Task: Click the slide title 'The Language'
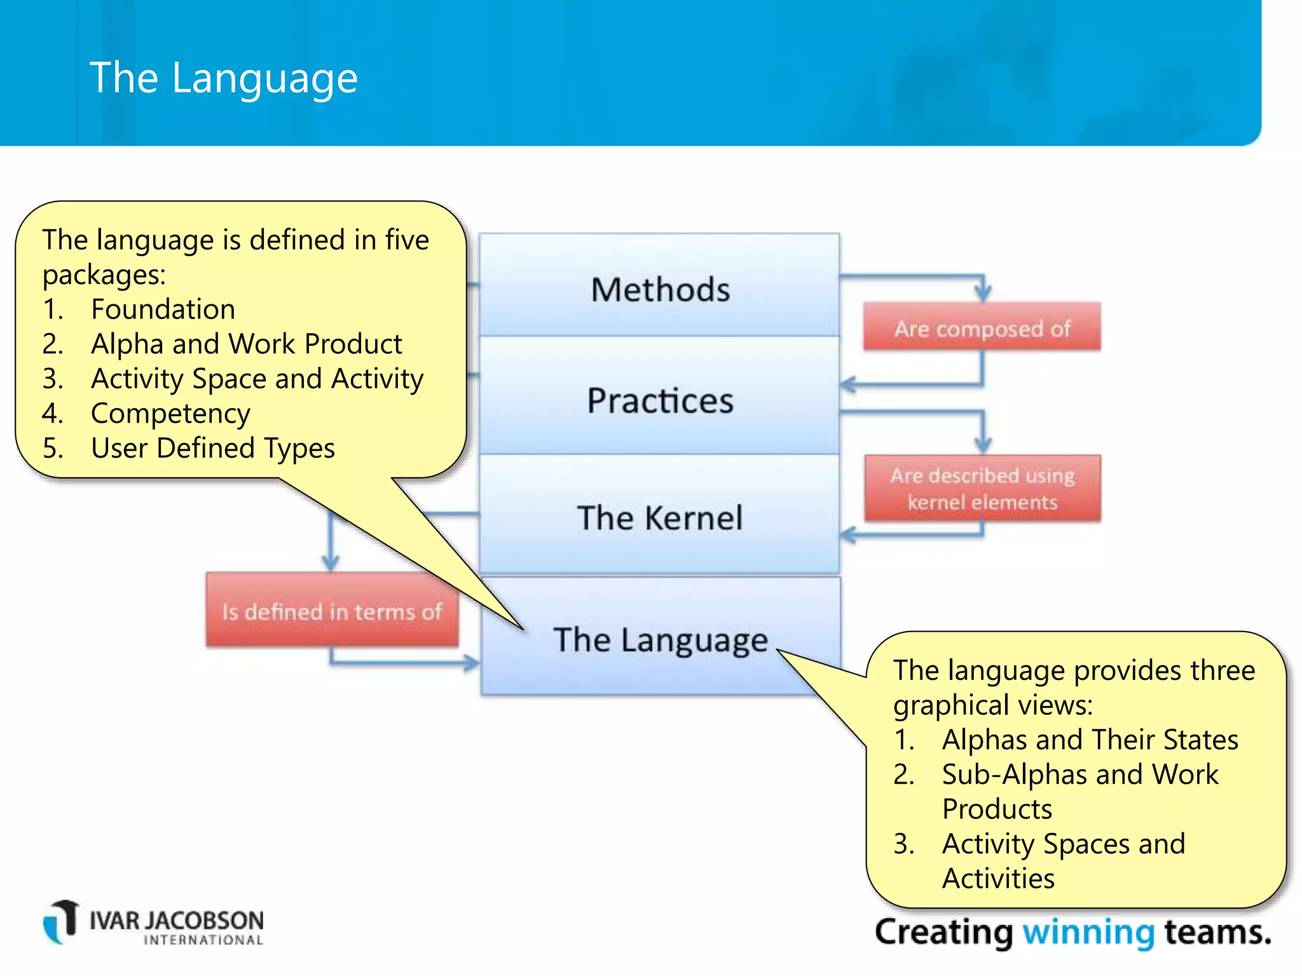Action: tap(224, 78)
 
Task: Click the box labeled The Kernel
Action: tap(659, 517)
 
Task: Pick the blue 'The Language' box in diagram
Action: tap(659, 639)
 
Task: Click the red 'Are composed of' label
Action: tap(982, 328)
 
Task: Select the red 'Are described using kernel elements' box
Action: tap(982, 488)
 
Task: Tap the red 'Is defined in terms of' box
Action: tap(331, 611)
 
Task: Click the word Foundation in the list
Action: tap(163, 309)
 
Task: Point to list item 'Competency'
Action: tap(170, 414)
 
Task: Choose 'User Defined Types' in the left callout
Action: tap(212, 449)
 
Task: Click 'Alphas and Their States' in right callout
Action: tap(1090, 740)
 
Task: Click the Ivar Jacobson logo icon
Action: tap(62, 921)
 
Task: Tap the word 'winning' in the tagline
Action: tap(1088, 932)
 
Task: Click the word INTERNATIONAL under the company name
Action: tap(203, 940)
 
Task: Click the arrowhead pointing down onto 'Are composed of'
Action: tap(983, 294)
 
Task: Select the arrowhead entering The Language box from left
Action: tap(472, 663)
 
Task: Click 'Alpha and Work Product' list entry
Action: tap(246, 344)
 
